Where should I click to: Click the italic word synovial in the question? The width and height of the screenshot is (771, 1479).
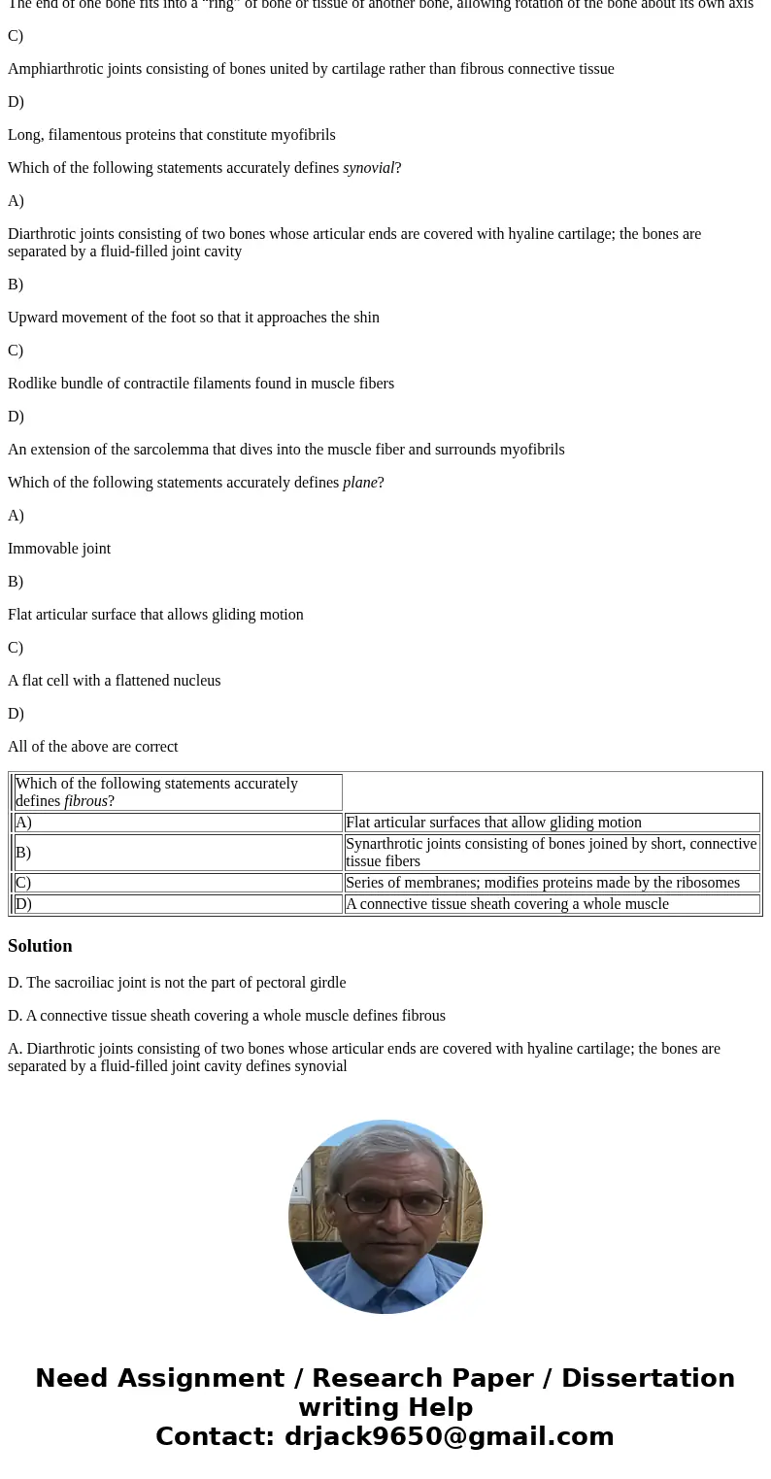tap(368, 168)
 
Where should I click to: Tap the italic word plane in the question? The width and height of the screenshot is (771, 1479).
tap(359, 483)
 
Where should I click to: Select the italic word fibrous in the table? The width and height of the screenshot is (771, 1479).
tap(85, 801)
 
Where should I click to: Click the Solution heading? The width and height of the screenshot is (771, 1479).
tap(40, 946)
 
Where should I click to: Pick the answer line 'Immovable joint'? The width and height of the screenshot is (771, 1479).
tap(59, 549)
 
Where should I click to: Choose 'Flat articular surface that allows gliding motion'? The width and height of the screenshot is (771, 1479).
tap(155, 615)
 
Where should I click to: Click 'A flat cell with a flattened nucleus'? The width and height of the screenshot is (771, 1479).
tap(114, 681)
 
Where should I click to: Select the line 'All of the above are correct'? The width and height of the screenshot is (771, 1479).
tap(92, 747)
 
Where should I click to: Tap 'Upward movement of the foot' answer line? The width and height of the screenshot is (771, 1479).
tap(193, 318)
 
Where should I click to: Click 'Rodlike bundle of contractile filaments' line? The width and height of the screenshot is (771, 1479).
tap(201, 384)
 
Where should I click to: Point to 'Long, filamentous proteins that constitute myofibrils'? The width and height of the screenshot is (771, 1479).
tap(171, 135)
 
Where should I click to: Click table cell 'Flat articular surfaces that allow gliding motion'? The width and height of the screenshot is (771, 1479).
tap(493, 823)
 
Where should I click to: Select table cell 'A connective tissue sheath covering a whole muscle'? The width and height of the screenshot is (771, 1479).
tap(507, 904)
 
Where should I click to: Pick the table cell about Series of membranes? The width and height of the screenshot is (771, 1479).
tap(542, 883)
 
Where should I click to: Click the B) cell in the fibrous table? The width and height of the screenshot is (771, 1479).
tap(23, 853)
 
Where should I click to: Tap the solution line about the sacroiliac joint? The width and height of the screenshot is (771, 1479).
tap(177, 983)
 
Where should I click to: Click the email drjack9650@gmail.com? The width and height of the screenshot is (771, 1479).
tap(449, 1436)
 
